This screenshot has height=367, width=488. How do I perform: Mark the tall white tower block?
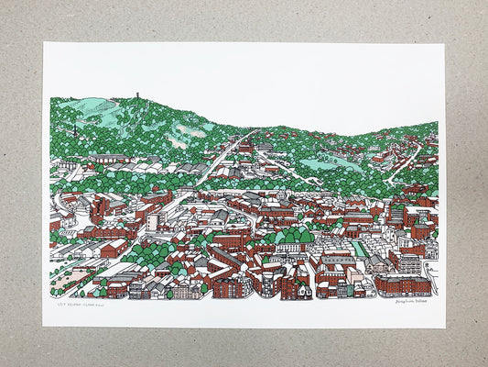(151, 221)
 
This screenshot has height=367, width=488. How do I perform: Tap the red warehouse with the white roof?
(114, 248)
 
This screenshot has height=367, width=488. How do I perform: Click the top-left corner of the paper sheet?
(44, 43)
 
